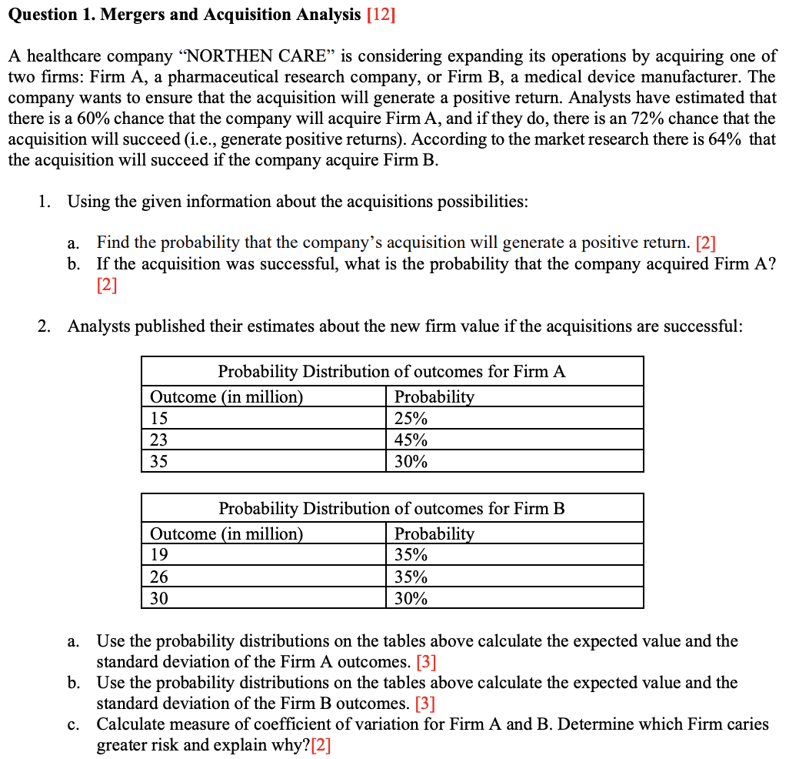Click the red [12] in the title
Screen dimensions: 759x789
[x=381, y=14]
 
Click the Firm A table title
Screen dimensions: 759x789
[x=391, y=371]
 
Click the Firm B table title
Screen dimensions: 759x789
[x=391, y=508]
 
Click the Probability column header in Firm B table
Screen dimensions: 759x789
[x=434, y=533]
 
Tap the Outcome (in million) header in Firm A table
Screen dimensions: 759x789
[x=227, y=397]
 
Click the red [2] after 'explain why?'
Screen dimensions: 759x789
[x=321, y=745]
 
